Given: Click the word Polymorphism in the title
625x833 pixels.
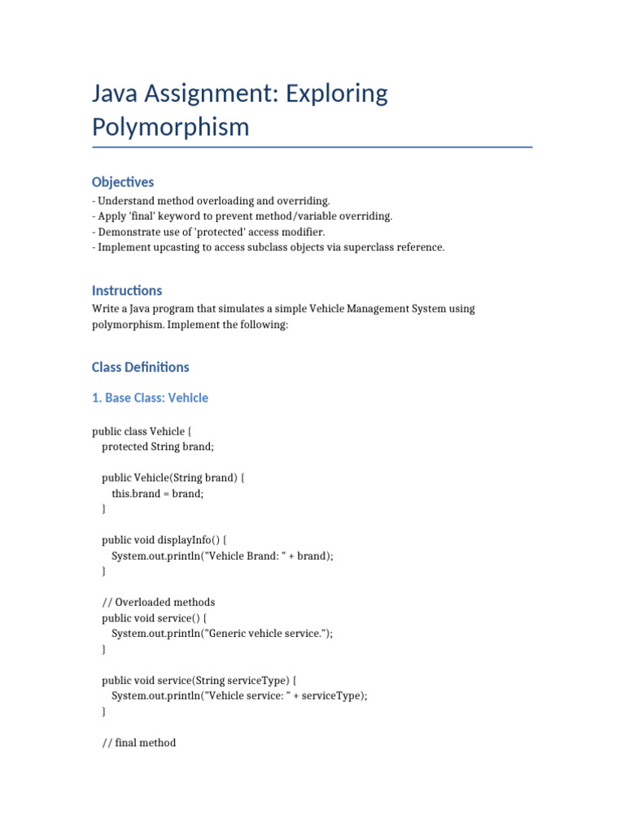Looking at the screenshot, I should tap(171, 128).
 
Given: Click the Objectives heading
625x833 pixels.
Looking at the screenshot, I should tap(123, 182).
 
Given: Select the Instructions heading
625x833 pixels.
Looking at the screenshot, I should tap(127, 290).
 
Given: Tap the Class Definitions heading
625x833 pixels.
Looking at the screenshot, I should tap(141, 367).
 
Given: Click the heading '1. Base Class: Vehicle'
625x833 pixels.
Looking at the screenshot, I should tap(150, 398).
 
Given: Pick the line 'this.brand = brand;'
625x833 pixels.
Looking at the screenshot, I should tap(157, 494).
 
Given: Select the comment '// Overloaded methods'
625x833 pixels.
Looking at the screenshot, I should tap(159, 603).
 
